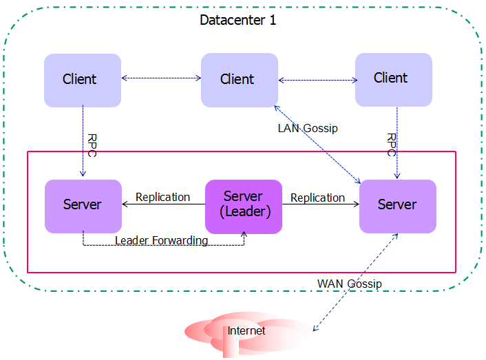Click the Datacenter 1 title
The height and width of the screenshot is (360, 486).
[x=237, y=20]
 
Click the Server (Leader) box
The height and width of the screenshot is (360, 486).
[x=244, y=206]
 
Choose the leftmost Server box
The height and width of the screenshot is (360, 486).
[x=83, y=205]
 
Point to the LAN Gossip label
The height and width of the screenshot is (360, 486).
[x=308, y=128]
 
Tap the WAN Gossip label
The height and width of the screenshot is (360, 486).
[x=349, y=284]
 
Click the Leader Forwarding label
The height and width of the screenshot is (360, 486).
[x=161, y=240]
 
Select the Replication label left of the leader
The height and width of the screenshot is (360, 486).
[x=162, y=197]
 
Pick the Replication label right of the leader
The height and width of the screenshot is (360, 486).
[x=317, y=198]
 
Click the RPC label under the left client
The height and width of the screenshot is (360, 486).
[x=92, y=145]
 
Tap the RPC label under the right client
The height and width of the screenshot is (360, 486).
[x=391, y=145]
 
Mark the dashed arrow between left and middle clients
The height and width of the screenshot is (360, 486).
[x=161, y=79]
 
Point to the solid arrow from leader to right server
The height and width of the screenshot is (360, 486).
[x=320, y=204]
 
